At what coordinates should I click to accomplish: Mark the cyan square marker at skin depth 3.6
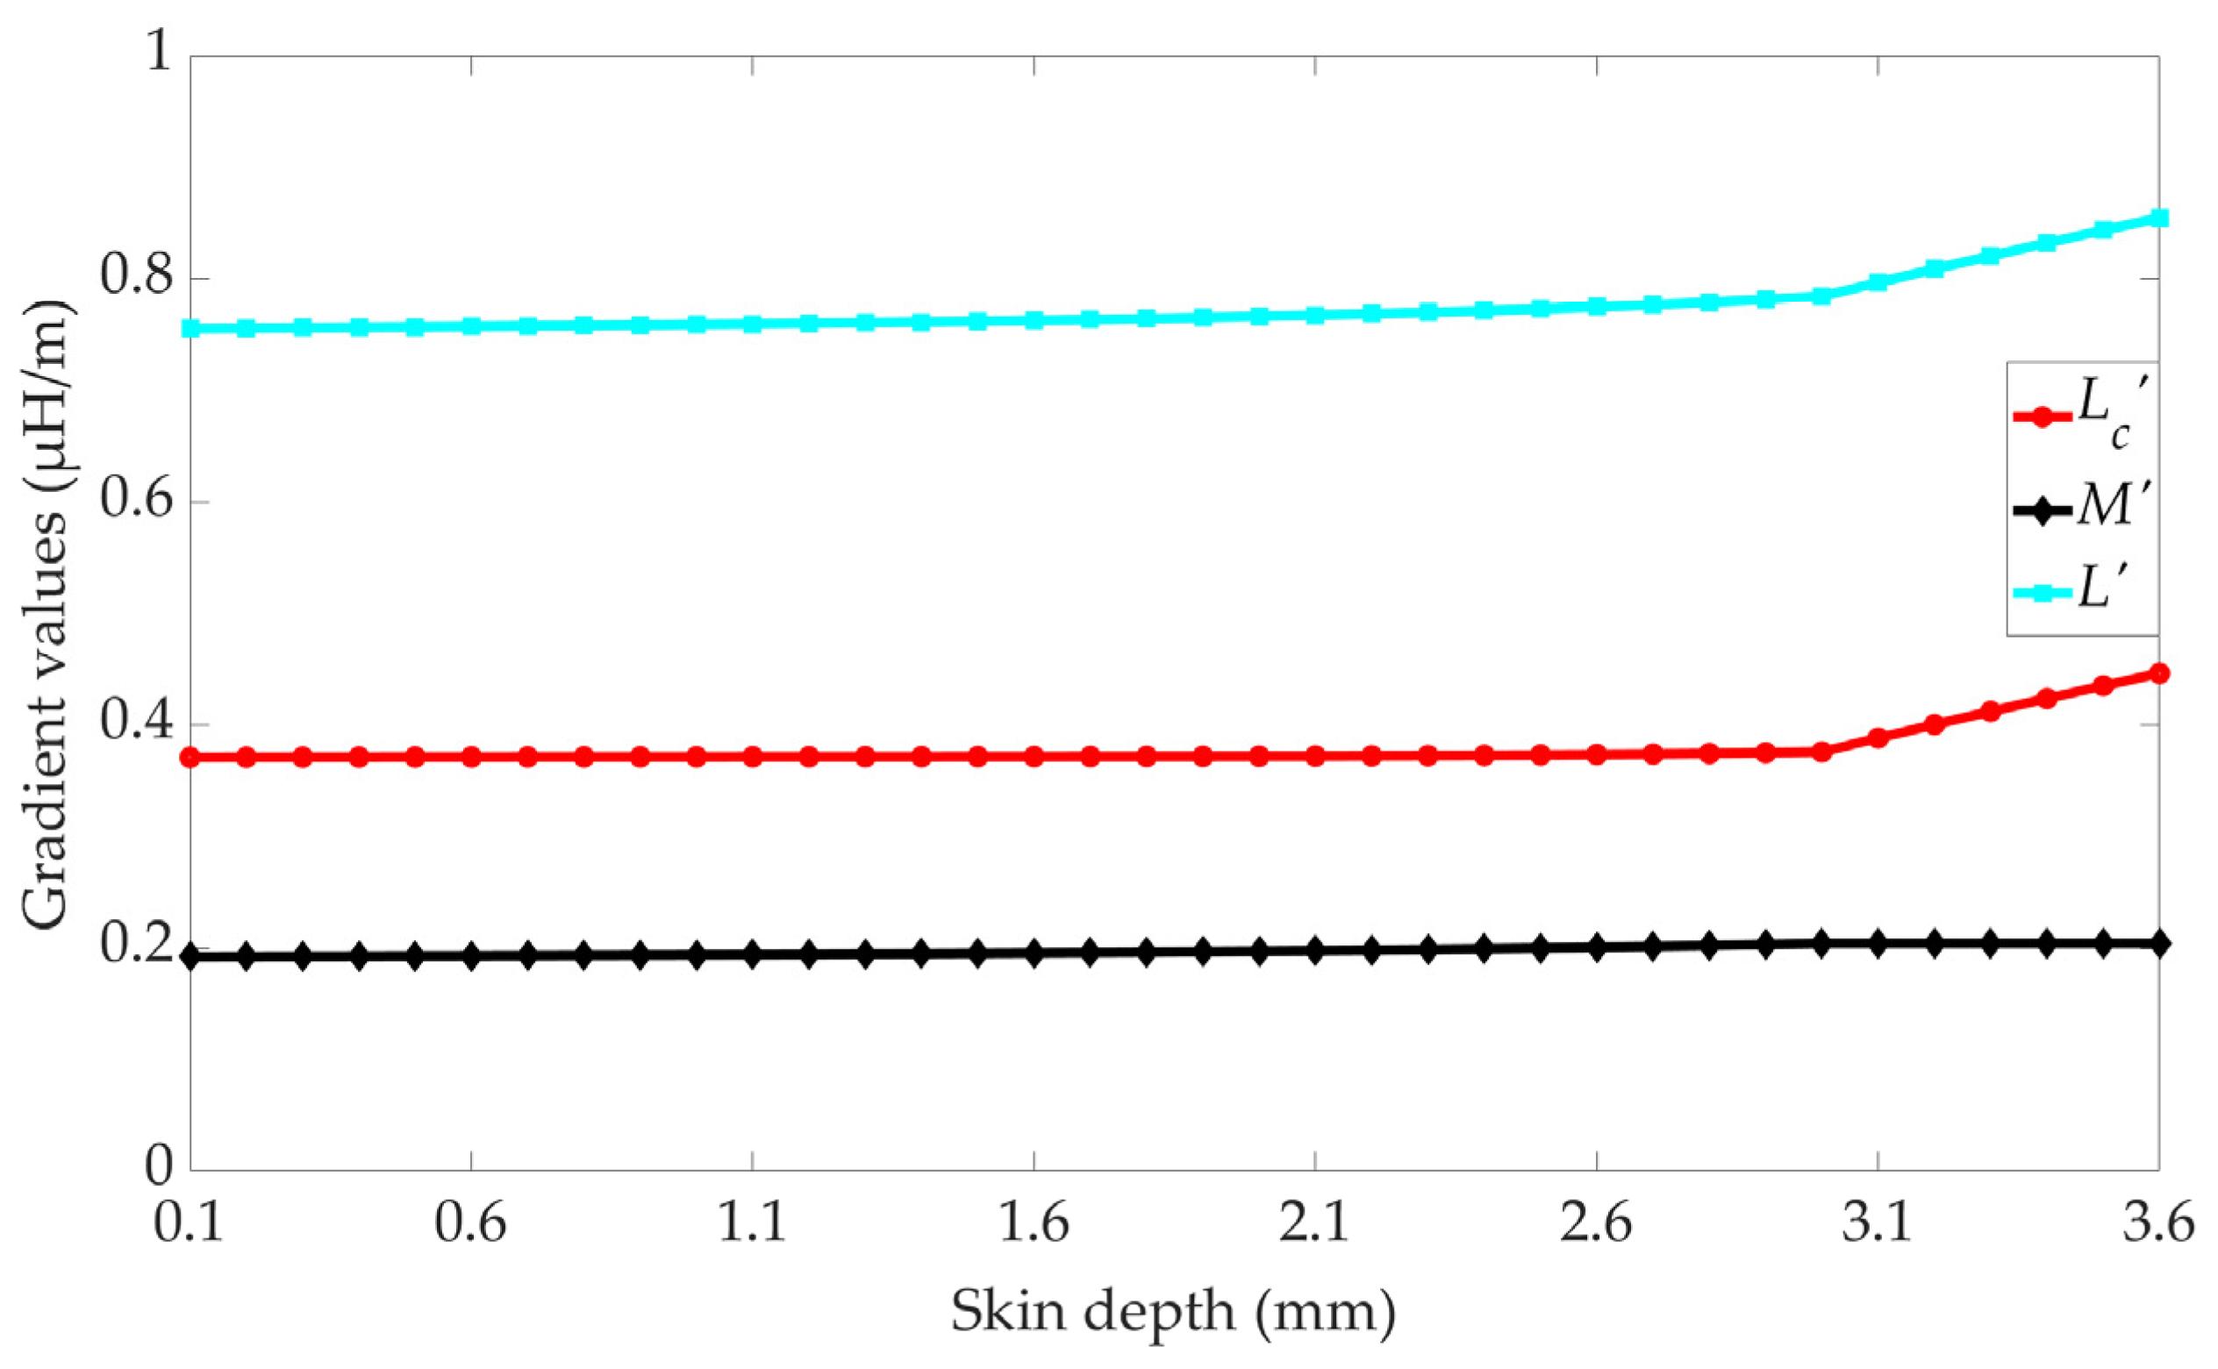point(2159,218)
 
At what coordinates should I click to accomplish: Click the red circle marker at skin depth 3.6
point(2159,673)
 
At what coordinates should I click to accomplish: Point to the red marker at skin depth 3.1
point(1878,738)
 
